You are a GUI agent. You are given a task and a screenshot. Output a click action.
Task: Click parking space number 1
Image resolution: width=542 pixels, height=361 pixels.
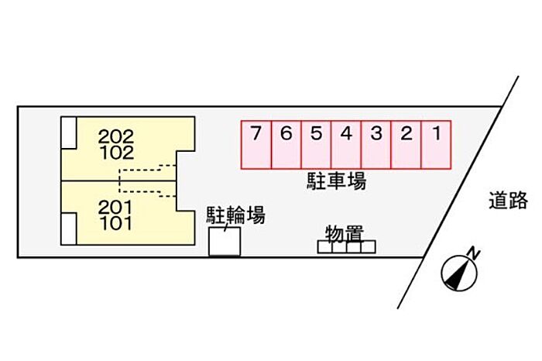click(x=437, y=144)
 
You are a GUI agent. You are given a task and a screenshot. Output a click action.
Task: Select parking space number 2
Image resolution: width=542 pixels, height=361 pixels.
click(x=406, y=144)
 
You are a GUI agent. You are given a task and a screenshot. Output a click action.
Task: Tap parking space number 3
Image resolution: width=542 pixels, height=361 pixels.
click(x=376, y=144)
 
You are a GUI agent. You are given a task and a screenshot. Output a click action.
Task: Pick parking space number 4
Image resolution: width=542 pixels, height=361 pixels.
click(x=346, y=144)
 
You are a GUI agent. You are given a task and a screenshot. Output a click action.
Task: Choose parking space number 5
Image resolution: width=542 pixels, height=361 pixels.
click(x=316, y=144)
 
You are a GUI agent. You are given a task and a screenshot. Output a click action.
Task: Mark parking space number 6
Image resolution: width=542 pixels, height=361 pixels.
click(x=286, y=144)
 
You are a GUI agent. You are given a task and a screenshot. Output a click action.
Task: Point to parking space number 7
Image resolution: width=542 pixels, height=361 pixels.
click(x=256, y=144)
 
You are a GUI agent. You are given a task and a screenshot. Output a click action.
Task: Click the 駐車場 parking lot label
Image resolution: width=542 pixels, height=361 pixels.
click(x=335, y=183)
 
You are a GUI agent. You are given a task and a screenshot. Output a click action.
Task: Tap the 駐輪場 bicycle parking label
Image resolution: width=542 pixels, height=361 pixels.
click(x=235, y=216)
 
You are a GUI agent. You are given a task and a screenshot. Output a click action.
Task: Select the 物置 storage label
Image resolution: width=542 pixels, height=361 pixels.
click(x=345, y=232)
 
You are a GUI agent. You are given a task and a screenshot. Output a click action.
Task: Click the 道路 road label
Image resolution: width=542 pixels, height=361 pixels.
click(x=508, y=201)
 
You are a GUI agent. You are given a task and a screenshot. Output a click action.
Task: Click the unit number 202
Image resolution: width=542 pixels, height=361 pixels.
click(x=116, y=137)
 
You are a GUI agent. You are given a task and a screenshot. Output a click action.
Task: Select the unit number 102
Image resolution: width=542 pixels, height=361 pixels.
click(x=116, y=153)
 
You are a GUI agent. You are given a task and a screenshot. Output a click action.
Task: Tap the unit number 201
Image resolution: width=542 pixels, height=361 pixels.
click(x=116, y=208)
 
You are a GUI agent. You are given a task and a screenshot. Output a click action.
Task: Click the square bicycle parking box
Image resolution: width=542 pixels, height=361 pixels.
click(x=225, y=242)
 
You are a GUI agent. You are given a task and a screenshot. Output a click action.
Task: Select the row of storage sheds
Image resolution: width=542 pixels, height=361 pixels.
click(x=346, y=247)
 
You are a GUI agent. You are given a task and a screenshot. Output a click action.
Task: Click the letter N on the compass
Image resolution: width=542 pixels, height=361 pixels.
click(x=474, y=253)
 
